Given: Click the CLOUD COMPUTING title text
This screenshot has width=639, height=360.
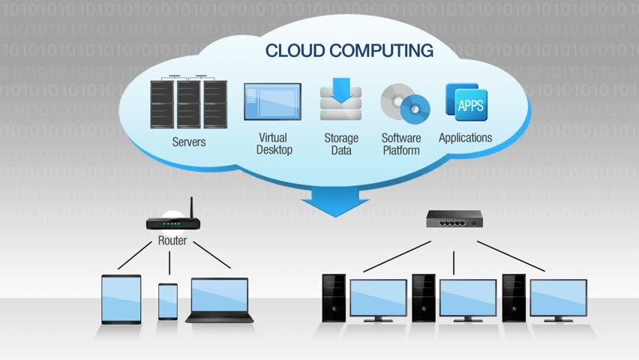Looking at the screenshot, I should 349,51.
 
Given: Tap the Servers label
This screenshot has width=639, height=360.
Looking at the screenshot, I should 189,142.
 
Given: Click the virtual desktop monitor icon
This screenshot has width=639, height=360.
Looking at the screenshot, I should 272,103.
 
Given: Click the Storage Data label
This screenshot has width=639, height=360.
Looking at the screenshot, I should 341,144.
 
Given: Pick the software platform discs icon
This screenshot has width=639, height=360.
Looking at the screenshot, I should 405,105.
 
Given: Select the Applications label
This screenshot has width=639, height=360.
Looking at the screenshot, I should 465,138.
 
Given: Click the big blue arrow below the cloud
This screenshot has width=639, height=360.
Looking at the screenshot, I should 336,200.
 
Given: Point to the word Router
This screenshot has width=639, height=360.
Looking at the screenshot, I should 172,241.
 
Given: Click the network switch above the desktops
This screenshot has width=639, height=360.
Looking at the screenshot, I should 454,219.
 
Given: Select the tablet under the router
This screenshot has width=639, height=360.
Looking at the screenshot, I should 121,298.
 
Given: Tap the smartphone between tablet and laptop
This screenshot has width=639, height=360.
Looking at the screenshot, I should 168,301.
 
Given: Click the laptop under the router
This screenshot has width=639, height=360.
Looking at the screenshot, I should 220,300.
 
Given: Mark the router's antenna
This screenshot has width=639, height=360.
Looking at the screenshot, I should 191,208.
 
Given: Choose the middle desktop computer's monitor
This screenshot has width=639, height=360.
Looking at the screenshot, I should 467,298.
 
